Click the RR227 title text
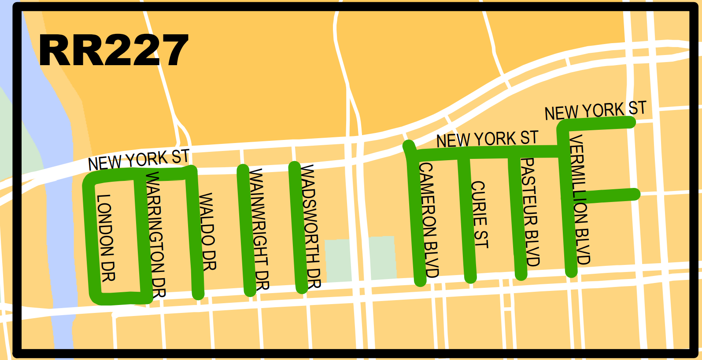[114, 51]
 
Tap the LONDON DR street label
[106, 238]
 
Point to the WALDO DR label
[207, 231]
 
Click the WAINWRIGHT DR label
[259, 229]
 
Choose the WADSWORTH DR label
[310, 226]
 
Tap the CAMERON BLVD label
[429, 220]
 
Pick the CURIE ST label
[480, 214]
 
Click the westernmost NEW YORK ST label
[139, 160]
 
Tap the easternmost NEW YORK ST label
[595, 110]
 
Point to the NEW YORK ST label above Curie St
[487, 140]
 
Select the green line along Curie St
[467, 220]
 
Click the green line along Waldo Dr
[195, 233]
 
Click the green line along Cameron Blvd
[416, 220]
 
